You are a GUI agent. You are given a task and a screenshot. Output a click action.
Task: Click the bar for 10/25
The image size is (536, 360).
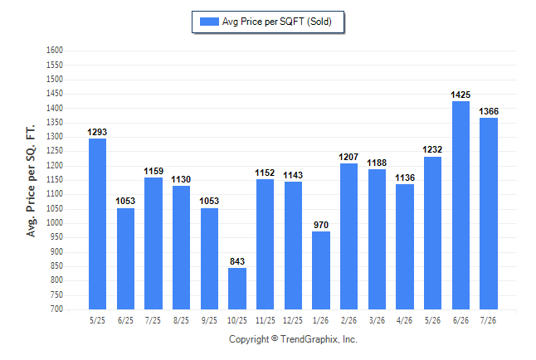[237, 289]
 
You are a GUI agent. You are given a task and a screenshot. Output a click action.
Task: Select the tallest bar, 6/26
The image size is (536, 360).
[460, 205]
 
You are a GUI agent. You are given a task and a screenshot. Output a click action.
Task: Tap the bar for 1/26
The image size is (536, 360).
[321, 270]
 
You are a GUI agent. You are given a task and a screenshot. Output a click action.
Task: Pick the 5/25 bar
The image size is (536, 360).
[97, 224]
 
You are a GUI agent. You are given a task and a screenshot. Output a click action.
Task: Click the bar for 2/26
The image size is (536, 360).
[349, 236]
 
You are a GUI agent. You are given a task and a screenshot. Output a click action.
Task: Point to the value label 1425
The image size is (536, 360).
[460, 95]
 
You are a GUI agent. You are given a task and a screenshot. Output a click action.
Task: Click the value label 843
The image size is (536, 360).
[237, 261]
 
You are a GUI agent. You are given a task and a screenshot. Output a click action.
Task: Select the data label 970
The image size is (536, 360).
[321, 225]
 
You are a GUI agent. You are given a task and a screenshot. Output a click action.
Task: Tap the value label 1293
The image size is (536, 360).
[97, 132]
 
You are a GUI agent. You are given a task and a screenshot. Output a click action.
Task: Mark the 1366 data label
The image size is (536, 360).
[489, 111]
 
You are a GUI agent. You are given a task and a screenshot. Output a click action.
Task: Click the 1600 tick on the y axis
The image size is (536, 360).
[55, 51]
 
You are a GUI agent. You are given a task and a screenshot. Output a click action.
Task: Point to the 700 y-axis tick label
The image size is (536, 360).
[56, 309]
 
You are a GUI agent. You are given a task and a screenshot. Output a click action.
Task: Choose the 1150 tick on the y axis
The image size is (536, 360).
[55, 179]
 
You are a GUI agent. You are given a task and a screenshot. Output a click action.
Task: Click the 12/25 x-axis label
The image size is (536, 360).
[293, 320]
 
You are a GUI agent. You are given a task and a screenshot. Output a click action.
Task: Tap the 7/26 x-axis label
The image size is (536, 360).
[488, 320]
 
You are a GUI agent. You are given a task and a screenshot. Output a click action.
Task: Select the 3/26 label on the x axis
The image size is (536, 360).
[377, 320]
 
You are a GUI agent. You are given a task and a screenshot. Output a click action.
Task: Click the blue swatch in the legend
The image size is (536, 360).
[209, 22]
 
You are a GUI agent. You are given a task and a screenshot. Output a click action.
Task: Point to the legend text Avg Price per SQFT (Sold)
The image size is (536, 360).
[277, 22]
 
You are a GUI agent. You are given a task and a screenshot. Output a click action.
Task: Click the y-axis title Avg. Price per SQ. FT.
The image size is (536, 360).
[31, 181]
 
